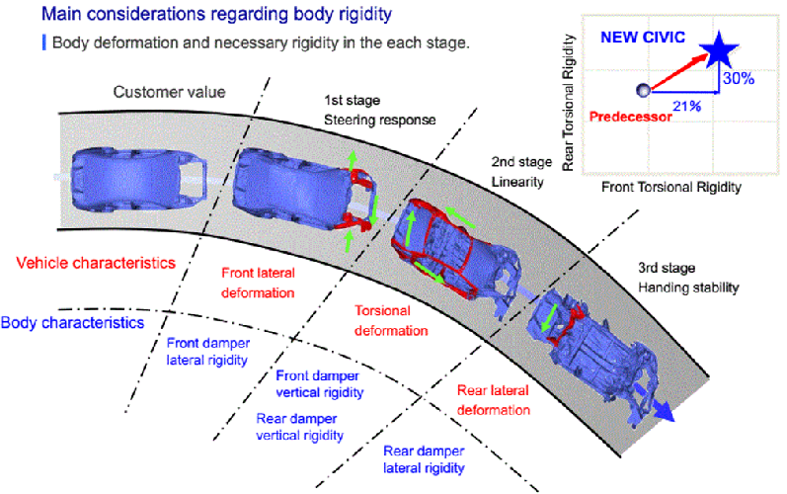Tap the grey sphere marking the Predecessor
[x=643, y=91]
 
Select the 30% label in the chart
[x=740, y=77]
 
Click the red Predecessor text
[x=630, y=116]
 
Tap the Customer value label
[x=169, y=92]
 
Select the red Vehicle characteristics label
[x=96, y=264]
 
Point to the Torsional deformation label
[x=390, y=320]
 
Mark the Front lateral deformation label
[x=258, y=283]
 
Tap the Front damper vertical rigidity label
[x=319, y=383]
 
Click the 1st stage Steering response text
[x=380, y=110]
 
